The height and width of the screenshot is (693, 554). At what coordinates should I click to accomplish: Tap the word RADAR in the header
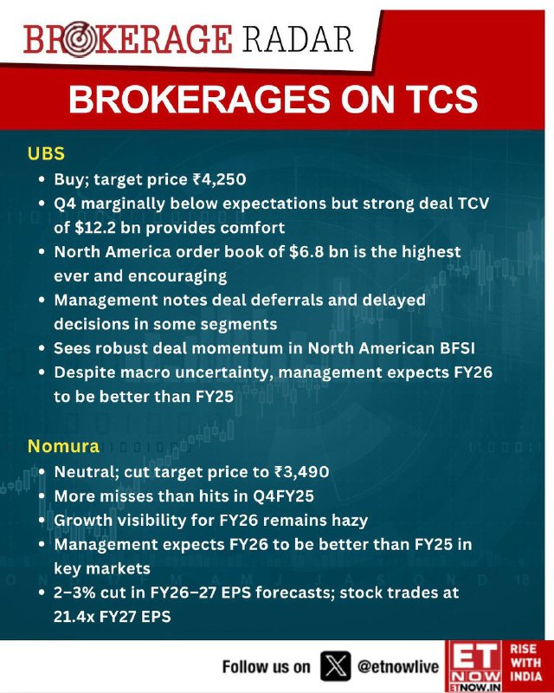(297, 39)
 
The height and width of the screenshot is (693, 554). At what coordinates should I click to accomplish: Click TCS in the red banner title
(441, 99)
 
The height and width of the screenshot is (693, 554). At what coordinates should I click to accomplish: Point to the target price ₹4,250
(219, 179)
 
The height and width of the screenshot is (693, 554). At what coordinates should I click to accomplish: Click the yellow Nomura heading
(63, 446)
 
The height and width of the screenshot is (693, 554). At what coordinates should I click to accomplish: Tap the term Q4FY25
(283, 495)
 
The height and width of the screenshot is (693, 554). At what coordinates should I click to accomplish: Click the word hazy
(349, 521)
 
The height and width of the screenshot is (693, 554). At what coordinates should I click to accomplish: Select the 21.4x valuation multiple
(74, 616)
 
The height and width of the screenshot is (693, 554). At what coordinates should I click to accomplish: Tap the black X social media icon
(336, 665)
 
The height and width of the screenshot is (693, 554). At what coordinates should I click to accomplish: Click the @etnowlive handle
(398, 666)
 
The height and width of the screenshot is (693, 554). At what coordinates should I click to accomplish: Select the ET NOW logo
(473, 666)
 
